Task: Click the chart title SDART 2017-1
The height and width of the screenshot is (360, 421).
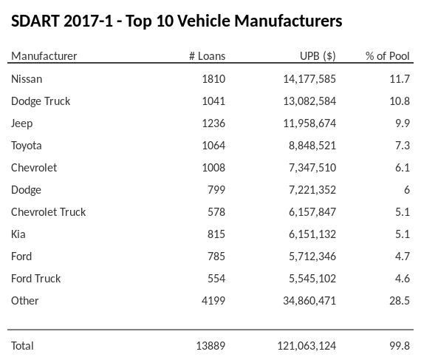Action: tap(177, 21)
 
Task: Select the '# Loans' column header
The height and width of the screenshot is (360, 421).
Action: tap(207, 56)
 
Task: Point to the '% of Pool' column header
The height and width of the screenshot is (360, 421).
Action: tap(387, 56)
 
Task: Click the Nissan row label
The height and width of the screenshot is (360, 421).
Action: tap(27, 78)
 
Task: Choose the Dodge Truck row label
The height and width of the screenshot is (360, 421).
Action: tap(41, 101)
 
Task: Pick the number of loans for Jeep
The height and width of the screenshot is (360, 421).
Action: tap(213, 123)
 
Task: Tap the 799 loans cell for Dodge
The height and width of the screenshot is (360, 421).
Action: tap(216, 189)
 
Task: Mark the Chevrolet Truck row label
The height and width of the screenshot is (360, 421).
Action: tap(49, 211)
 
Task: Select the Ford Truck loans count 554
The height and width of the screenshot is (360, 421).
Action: tap(216, 278)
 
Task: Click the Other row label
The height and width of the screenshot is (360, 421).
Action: tap(25, 300)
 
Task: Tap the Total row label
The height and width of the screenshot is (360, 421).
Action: tap(23, 345)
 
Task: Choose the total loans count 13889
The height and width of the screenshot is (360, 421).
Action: tap(210, 345)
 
